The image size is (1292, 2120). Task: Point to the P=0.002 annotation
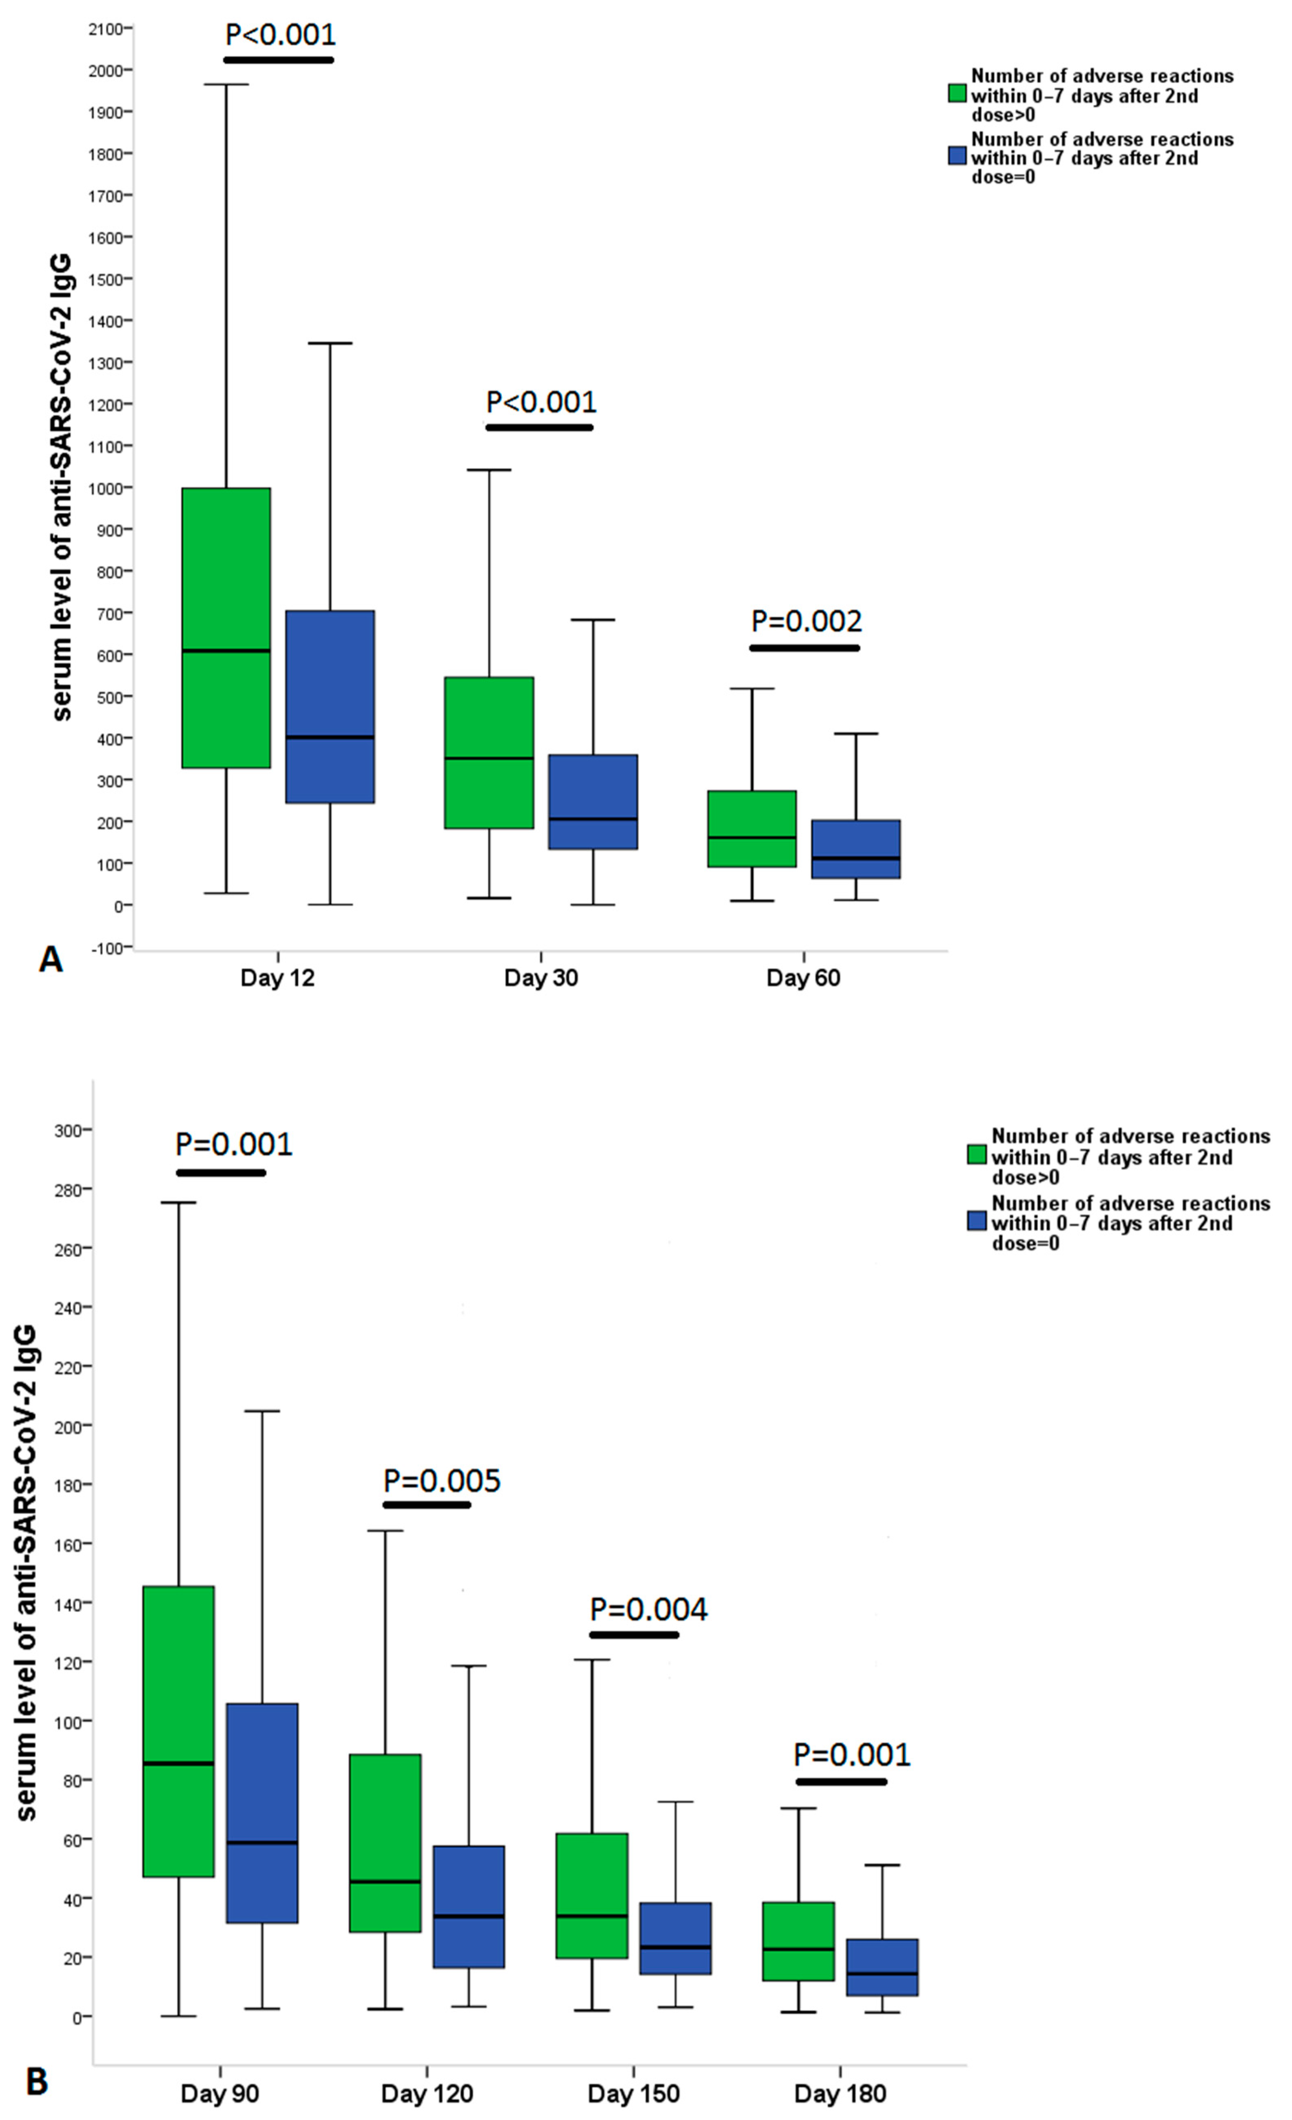(806, 620)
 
